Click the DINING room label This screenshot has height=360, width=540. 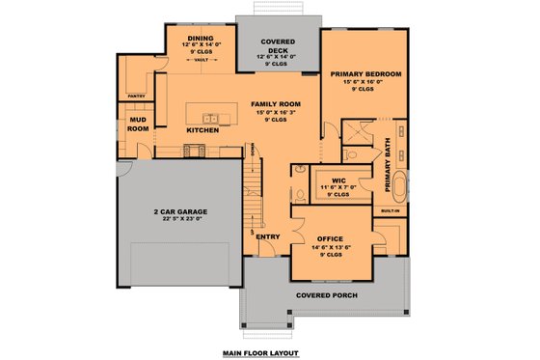[202, 36]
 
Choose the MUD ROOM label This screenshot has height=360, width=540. [138, 124]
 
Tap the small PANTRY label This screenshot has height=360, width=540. [137, 97]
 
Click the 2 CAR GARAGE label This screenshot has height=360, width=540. [179, 210]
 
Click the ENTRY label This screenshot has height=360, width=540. [268, 235]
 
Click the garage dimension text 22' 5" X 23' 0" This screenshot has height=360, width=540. [179, 219]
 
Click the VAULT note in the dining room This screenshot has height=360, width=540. [202, 60]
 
